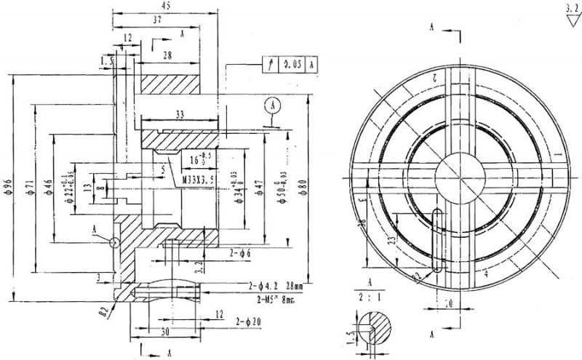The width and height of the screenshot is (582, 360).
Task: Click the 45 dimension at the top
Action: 165,6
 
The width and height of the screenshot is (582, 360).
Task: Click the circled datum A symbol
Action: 273,104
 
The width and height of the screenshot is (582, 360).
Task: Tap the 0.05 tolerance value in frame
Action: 292,64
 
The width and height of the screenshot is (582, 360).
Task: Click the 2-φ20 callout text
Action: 248,321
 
